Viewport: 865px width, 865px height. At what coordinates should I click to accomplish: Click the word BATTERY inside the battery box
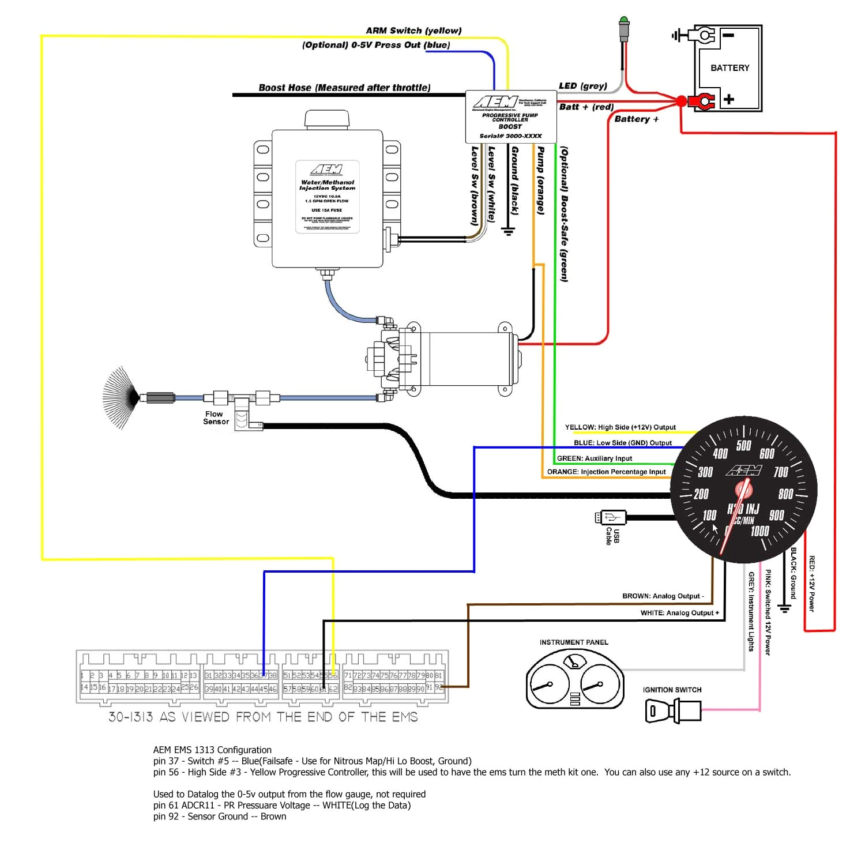pos(729,68)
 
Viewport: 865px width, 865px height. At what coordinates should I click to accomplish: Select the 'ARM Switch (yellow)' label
pos(413,31)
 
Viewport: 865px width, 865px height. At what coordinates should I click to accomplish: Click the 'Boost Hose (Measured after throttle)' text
pos(344,88)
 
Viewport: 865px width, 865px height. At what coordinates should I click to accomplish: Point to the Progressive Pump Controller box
pos(510,116)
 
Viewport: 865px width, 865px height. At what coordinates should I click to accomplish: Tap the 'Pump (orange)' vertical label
pos(541,180)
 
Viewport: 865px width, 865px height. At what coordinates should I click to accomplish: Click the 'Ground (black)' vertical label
pos(515,180)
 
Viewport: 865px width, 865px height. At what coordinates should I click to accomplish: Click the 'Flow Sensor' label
pos(216,418)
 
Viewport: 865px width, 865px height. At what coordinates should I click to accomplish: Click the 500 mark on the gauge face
pos(743,446)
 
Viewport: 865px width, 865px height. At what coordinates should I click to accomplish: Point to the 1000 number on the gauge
pos(759,531)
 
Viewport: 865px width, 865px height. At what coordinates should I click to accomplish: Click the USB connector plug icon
pos(611,517)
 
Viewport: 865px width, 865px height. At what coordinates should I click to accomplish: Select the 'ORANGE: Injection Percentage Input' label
pos(606,472)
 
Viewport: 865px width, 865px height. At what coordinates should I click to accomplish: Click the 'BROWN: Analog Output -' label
pos(663,596)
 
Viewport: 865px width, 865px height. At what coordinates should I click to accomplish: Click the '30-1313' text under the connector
pos(131,717)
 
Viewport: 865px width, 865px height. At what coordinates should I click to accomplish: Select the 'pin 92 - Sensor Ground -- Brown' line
pos(220,817)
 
